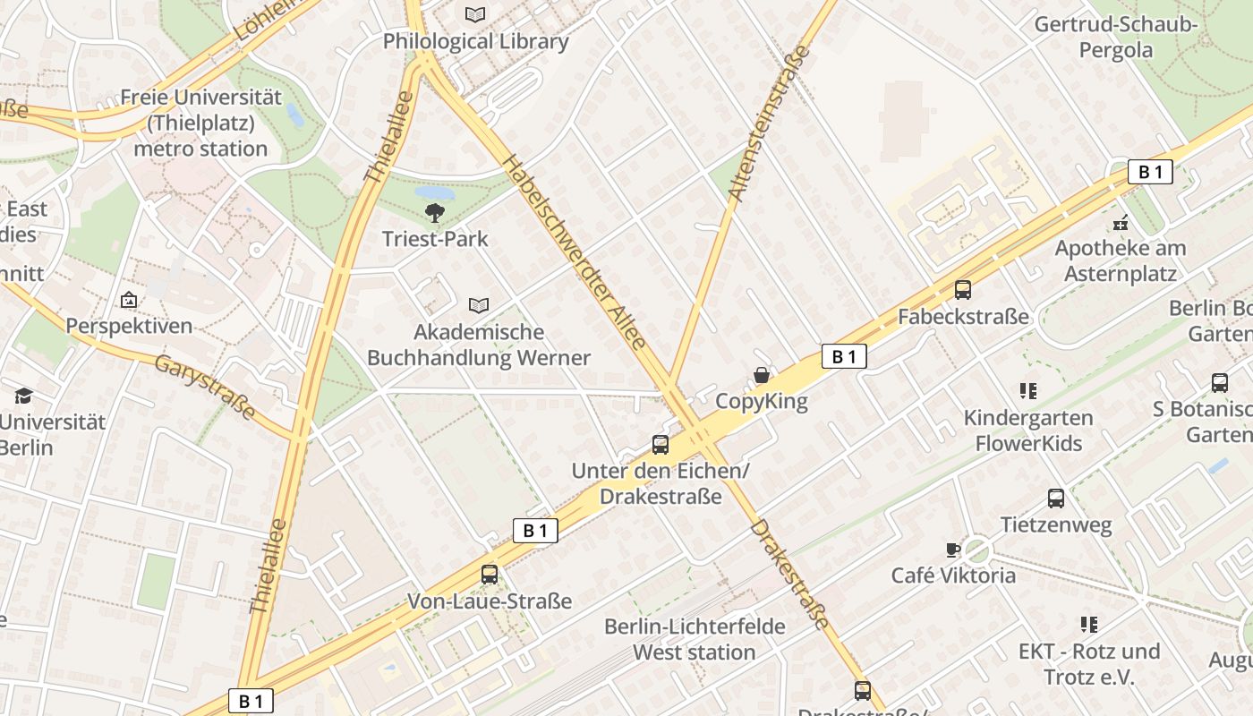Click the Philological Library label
coord(475,41)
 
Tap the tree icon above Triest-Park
coord(435,213)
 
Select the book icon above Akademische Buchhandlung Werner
coord(479,306)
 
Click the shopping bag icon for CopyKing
coord(762,375)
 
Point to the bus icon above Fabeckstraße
coord(963,290)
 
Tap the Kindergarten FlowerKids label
coord(1028,430)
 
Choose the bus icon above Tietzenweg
coord(1056,499)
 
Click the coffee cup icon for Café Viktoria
coord(952,550)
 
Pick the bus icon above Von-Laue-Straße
coord(490,575)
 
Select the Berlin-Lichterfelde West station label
coord(695,639)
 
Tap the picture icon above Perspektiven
coord(129,300)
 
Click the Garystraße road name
coord(205,388)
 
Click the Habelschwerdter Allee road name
coord(575,252)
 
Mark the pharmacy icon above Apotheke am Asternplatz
coord(1120,222)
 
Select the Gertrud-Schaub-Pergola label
coord(1115,37)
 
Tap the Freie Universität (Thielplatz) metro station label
coord(200,123)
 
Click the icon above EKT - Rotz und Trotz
coord(1088,625)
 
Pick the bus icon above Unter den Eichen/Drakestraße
coord(661,444)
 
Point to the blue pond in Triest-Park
coord(434,192)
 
